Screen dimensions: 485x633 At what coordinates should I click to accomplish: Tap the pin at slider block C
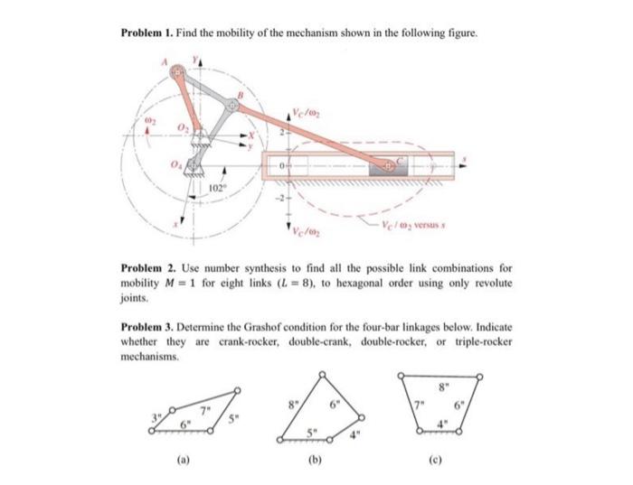[387, 166]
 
